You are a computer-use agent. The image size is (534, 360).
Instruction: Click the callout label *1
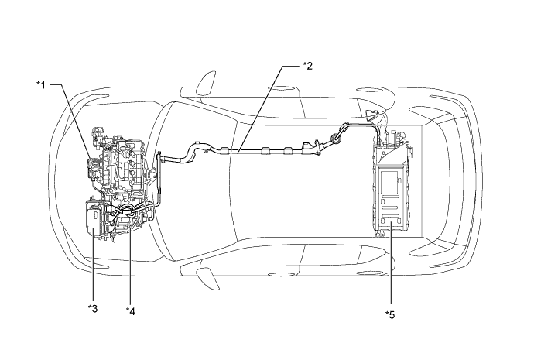(41, 84)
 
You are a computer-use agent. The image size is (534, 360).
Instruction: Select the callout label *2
(307, 66)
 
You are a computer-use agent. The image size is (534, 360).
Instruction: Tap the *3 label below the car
(93, 308)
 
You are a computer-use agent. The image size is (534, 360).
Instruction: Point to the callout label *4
(131, 310)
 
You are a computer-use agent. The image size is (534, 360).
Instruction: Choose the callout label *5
(390, 314)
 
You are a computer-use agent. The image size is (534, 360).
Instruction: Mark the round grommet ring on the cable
(337, 139)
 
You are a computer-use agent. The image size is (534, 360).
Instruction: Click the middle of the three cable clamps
(265, 151)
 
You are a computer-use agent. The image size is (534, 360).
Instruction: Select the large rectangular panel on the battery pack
(389, 183)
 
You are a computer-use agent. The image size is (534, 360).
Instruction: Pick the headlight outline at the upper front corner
(96, 97)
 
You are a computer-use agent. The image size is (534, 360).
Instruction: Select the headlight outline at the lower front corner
(96, 266)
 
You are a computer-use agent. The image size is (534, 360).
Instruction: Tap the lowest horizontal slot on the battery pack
(389, 216)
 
